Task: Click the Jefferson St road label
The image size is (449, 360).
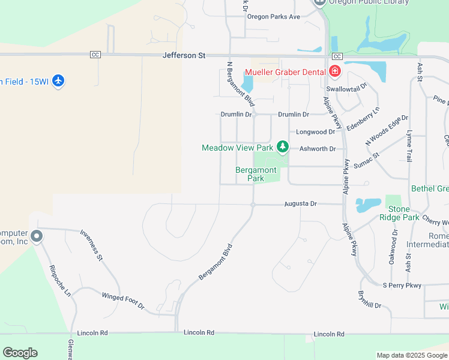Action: (184, 55)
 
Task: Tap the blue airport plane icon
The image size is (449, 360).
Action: (58, 81)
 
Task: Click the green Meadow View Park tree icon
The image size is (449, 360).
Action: (282, 147)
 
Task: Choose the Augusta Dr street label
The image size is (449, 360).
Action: (300, 204)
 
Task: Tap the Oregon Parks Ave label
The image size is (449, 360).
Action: (274, 17)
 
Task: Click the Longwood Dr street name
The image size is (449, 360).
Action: (312, 132)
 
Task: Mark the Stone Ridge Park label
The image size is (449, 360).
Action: (395, 213)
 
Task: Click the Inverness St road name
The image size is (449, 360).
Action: (92, 246)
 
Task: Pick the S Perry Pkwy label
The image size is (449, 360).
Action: (402, 285)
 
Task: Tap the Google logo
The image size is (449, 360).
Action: (20, 353)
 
